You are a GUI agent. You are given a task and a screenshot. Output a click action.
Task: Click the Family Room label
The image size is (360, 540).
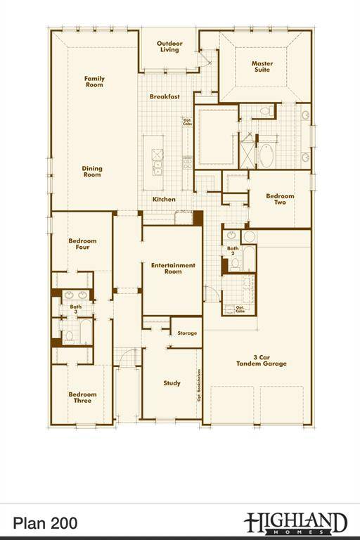(94, 82)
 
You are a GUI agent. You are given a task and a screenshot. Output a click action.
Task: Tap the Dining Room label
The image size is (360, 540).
(91, 172)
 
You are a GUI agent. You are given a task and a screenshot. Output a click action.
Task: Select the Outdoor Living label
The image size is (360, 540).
(169, 46)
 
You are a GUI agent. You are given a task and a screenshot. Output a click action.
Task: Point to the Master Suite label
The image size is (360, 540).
(262, 67)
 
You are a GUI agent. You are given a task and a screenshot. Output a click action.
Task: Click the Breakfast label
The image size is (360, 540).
(164, 96)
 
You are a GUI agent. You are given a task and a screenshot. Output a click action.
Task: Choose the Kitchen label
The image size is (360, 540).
(165, 200)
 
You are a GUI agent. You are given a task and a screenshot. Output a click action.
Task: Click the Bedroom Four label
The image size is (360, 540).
(82, 244)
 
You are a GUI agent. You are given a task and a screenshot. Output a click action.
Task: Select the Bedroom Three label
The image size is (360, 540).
(82, 398)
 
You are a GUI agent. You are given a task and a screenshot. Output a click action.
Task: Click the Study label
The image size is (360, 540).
(172, 383)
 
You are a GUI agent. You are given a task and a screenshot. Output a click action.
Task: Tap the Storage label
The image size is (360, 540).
(186, 333)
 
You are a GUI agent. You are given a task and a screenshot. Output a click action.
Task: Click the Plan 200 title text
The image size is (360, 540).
(45, 523)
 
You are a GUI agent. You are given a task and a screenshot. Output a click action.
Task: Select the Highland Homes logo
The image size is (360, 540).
(295, 523)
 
